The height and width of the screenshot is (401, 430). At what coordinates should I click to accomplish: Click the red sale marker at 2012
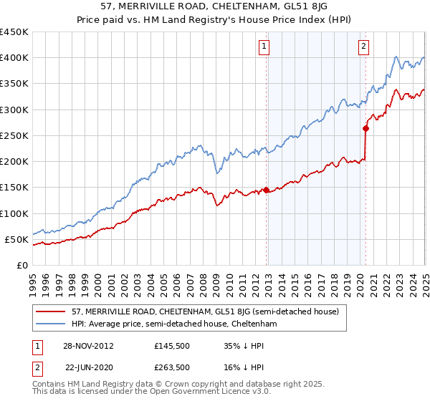(x=267, y=190)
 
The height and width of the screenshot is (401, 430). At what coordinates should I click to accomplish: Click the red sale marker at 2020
(x=365, y=129)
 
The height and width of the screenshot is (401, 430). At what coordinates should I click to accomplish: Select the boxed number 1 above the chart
(x=264, y=47)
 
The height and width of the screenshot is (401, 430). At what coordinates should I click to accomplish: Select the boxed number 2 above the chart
(x=364, y=47)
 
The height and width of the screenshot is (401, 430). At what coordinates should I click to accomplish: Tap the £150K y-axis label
(x=14, y=188)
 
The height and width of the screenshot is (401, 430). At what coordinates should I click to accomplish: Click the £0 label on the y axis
(x=21, y=266)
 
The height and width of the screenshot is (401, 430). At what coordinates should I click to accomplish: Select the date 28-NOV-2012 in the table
(x=89, y=345)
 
